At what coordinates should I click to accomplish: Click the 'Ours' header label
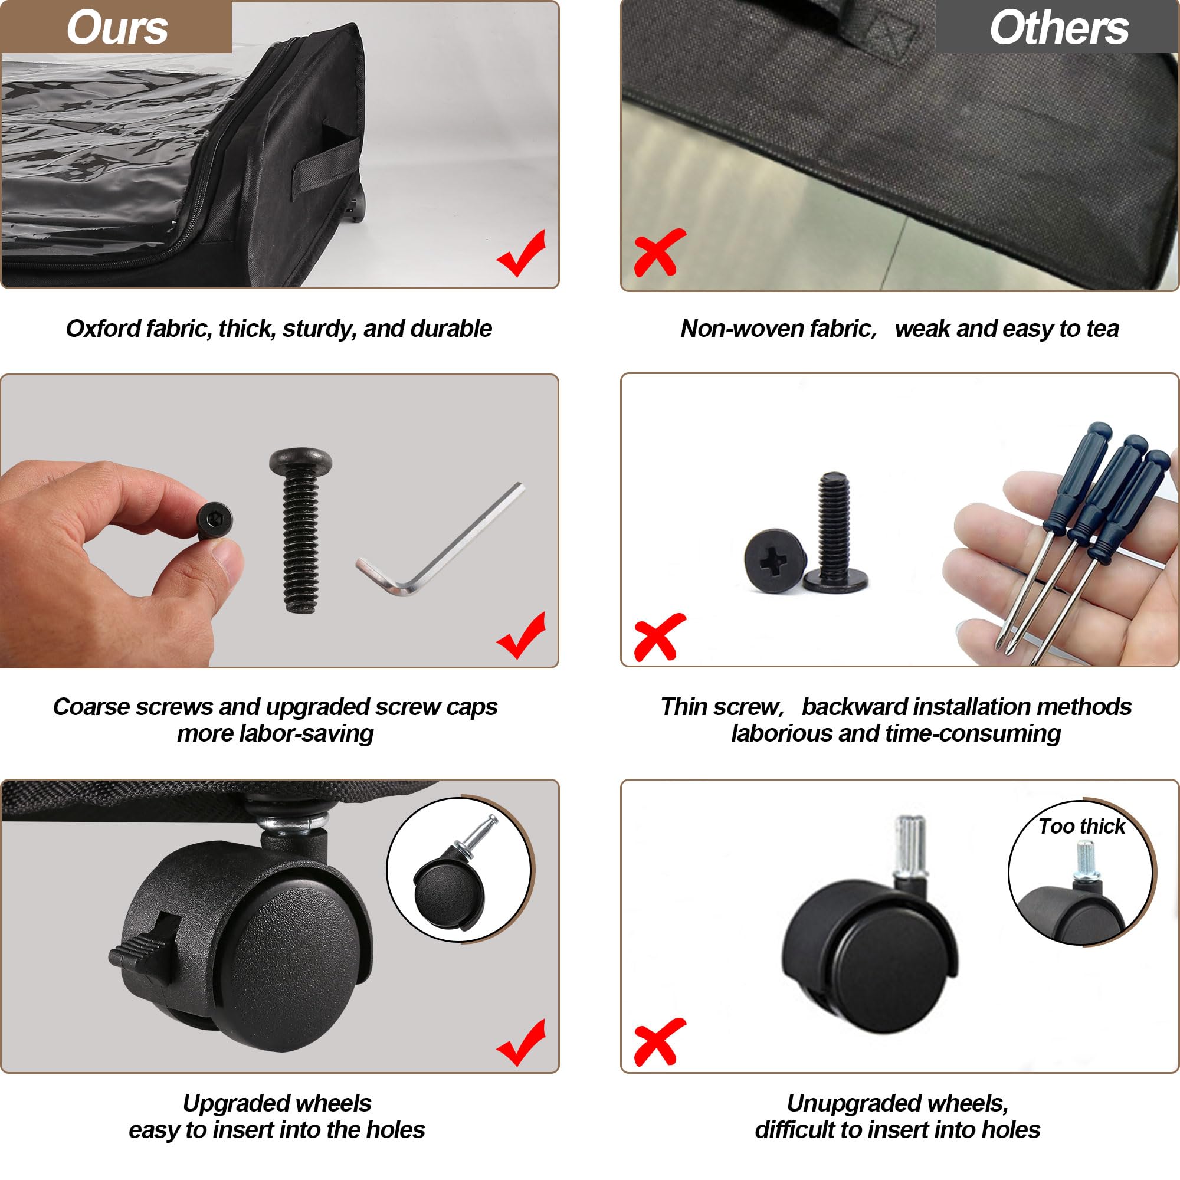(x=117, y=28)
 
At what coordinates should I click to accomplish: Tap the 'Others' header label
(x=1059, y=28)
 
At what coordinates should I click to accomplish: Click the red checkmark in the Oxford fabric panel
(x=521, y=254)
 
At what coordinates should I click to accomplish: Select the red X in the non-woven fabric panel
(x=660, y=253)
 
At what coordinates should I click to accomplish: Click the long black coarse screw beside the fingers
(x=300, y=530)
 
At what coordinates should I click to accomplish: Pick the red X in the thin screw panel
(x=660, y=637)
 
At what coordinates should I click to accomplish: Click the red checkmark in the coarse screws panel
(x=521, y=635)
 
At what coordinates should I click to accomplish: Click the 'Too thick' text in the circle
(x=1081, y=827)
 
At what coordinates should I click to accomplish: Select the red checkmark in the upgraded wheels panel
(x=521, y=1043)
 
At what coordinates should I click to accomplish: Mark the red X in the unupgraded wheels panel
(x=660, y=1042)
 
